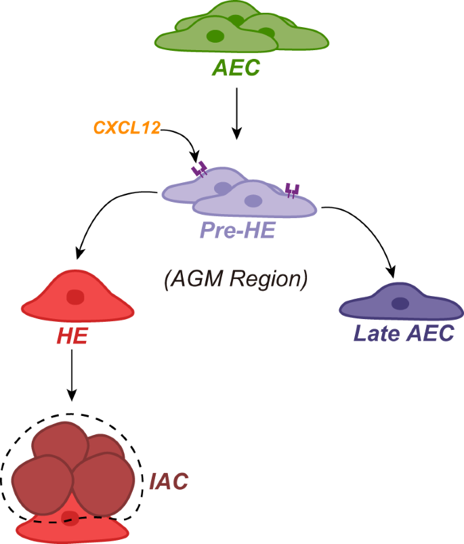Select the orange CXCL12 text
(126, 127)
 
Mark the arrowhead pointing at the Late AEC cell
(392, 272)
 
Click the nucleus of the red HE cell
(75, 297)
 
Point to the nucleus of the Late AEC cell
(400, 304)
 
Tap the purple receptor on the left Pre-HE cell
(200, 170)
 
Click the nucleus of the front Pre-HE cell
(253, 201)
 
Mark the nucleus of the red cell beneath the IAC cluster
(69, 518)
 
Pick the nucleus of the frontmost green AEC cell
(215, 36)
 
